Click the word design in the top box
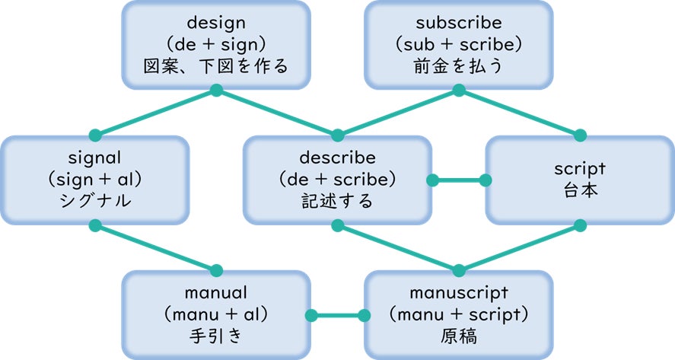(215, 22)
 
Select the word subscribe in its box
(459, 22)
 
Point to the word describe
(337, 158)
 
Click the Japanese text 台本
(580, 191)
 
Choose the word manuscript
(459, 292)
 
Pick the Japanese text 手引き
(215, 335)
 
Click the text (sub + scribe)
(459, 44)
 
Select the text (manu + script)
(459, 314)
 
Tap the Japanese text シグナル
(94, 202)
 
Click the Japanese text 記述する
(337, 202)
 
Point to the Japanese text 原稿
(459, 335)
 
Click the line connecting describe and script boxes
(458, 181)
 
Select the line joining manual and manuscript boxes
(337, 315)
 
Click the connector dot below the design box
(215, 91)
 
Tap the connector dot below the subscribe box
(459, 91)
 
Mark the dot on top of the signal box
(94, 135)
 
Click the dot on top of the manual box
(215, 270)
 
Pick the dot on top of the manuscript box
(459, 270)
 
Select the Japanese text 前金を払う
(459, 66)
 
